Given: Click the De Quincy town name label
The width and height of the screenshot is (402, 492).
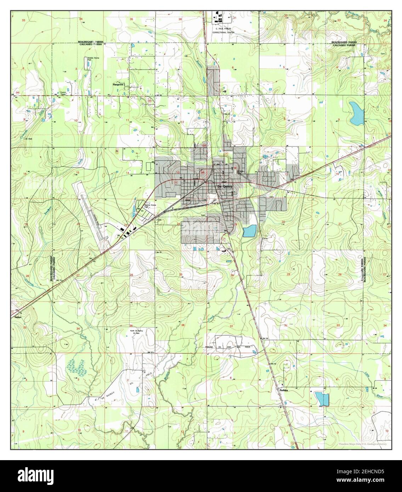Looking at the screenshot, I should [x=224, y=187].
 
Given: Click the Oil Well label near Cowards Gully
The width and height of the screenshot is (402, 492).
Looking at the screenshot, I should [x=28, y=139].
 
